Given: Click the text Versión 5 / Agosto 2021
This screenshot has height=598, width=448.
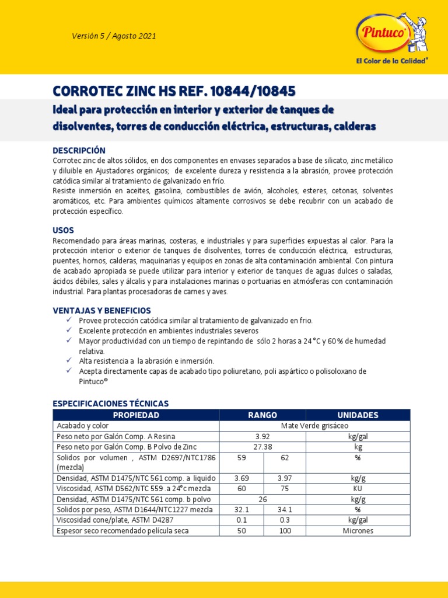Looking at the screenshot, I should [114, 36].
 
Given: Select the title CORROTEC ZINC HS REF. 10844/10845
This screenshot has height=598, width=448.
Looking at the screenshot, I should [174, 91].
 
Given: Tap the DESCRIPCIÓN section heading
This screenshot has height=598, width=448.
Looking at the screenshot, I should [79, 150].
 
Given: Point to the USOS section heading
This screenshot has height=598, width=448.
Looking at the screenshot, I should [64, 230].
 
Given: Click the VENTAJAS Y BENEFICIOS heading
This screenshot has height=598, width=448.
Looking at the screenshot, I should [102, 310].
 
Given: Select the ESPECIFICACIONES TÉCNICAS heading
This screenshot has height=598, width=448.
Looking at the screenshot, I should [111, 404].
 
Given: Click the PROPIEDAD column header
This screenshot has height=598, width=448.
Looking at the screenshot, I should [136, 415].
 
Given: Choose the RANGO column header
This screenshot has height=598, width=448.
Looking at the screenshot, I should [262, 415].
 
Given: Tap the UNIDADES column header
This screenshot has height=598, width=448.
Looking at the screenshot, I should [358, 415].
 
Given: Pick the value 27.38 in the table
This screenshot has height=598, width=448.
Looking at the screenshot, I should [262, 447].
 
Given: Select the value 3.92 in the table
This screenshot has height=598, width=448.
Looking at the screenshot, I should [262, 436].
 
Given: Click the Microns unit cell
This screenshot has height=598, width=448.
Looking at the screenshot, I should [358, 531].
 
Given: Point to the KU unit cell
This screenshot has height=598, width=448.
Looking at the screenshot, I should [358, 488].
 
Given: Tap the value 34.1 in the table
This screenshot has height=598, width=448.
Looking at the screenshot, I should [285, 510].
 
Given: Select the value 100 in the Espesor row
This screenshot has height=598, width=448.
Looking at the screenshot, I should [285, 531].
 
